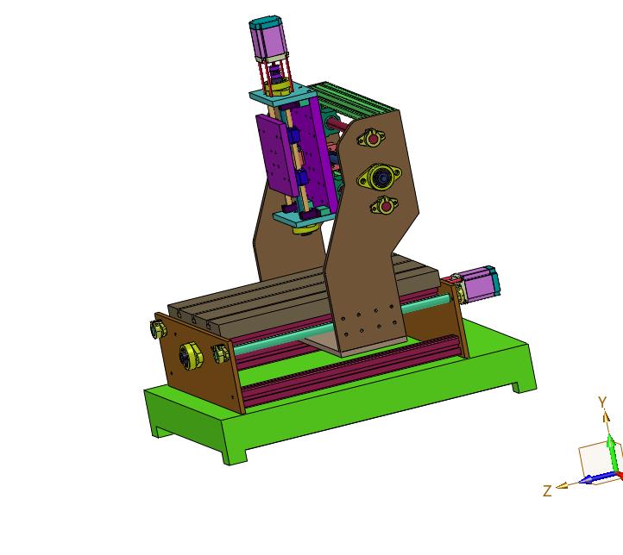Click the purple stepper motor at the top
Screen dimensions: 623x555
(268, 39)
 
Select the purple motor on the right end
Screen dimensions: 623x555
(480, 284)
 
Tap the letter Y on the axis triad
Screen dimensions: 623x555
(603, 402)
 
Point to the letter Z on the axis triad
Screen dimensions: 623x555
(548, 490)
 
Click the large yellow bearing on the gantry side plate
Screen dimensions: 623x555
(380, 177)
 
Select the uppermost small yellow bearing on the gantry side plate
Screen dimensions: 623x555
(371, 138)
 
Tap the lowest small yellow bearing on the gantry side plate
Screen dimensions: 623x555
(385, 205)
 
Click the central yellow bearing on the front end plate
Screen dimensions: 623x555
(191, 356)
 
